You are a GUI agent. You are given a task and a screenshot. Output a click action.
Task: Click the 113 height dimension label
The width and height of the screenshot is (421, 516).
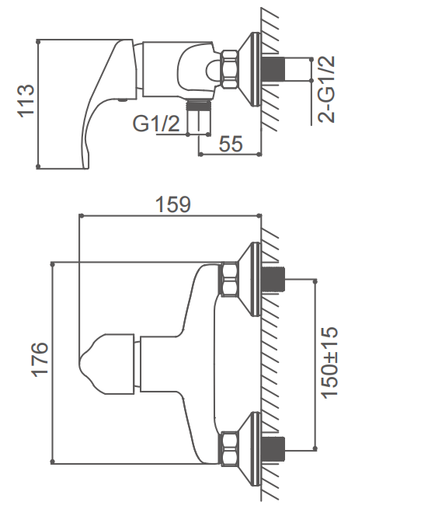click(x=26, y=101)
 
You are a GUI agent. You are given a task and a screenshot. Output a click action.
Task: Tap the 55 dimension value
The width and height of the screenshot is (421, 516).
click(x=231, y=144)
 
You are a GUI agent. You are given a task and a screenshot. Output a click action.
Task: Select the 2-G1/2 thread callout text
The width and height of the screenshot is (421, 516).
click(x=326, y=89)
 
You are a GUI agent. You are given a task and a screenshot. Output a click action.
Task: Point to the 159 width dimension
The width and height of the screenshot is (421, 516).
click(x=172, y=204)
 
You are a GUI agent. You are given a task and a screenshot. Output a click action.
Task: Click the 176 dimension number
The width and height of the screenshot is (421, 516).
click(x=40, y=359)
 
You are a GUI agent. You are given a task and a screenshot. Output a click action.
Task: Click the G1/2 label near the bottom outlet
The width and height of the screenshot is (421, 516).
click(x=156, y=124)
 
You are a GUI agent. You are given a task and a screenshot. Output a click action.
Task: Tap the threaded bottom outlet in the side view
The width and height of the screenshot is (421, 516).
click(x=198, y=116)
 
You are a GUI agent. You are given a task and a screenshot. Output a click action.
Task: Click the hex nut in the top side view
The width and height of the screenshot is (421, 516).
click(x=230, y=69)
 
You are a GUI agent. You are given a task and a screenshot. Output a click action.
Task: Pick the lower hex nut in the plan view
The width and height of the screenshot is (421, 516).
click(x=229, y=449)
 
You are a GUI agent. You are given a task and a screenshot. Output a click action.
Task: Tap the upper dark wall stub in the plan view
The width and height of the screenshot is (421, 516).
click(x=273, y=280)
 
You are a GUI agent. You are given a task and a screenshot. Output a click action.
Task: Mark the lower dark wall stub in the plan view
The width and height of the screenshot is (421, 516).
click(x=273, y=449)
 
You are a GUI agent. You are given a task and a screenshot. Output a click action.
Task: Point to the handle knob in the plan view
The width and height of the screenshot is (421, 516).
click(x=107, y=364)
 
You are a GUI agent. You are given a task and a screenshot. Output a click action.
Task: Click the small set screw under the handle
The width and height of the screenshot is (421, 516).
click(x=123, y=100)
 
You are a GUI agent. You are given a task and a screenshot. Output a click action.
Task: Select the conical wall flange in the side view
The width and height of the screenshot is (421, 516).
click(x=249, y=69)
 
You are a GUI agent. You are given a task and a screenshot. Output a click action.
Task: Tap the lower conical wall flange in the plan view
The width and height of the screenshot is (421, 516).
click(x=249, y=449)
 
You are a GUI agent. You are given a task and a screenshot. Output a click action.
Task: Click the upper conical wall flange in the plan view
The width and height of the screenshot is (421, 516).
click(x=249, y=280)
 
